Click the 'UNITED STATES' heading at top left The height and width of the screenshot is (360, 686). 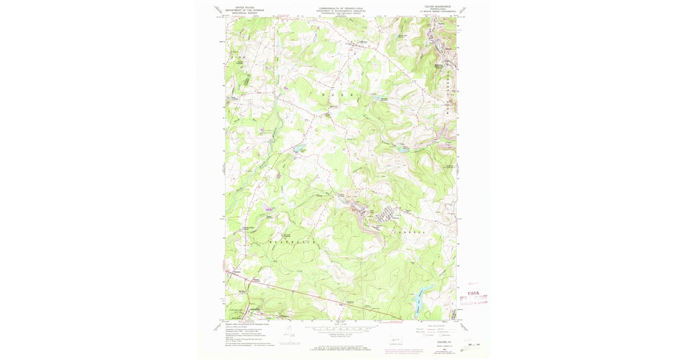[238, 7]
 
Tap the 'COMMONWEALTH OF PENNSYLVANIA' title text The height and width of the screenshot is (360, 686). [341, 7]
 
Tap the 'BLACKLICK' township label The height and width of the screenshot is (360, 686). [291, 242]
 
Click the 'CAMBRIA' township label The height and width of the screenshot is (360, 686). [409, 233]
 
